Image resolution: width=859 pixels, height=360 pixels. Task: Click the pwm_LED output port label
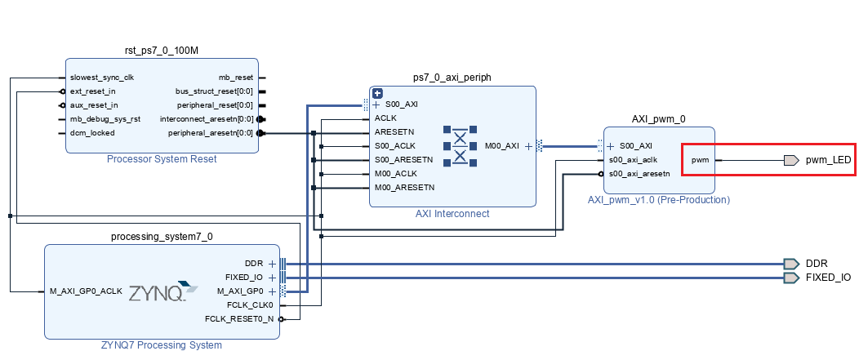point(828,160)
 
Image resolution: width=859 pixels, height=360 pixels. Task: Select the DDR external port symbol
point(790,264)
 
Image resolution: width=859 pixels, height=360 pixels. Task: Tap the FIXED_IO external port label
point(828,278)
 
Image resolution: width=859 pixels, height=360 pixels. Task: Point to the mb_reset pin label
point(236,78)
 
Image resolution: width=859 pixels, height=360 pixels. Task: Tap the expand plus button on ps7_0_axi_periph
point(377,93)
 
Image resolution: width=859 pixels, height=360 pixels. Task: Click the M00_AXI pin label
point(501,146)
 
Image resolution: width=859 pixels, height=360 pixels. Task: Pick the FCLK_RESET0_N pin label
point(240,318)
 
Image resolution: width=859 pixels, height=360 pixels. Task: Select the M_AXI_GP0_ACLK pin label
point(86,291)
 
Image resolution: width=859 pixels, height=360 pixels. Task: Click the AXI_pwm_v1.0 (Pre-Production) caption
point(658,199)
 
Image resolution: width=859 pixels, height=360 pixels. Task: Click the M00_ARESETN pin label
point(404,188)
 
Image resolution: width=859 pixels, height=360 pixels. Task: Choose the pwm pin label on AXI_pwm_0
point(700,160)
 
